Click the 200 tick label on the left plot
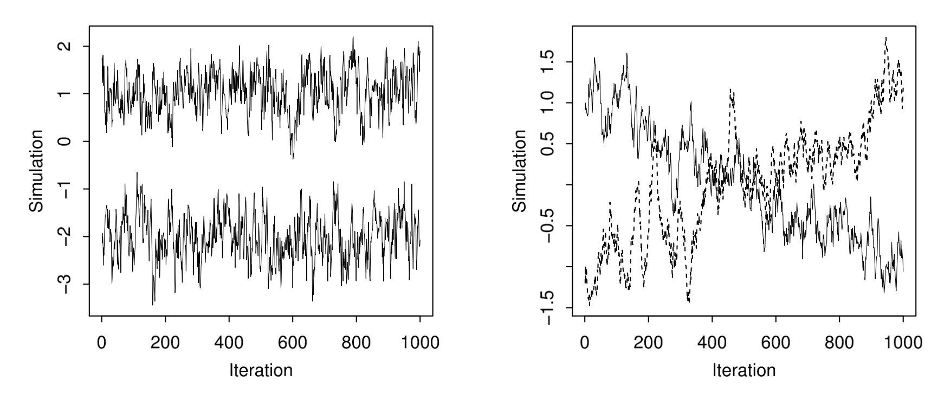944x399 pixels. point(165,343)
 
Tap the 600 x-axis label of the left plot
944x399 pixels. point(293,343)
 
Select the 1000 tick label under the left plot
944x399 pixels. point(420,343)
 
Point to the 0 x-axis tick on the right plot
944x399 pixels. point(584,343)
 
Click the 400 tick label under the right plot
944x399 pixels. point(712,343)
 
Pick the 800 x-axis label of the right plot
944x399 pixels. point(839,343)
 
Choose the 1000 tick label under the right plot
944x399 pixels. point(903,343)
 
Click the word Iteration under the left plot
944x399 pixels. point(261,371)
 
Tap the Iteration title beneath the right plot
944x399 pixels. point(743,371)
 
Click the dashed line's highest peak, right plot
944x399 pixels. point(885,38)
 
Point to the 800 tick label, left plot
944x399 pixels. point(356,343)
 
